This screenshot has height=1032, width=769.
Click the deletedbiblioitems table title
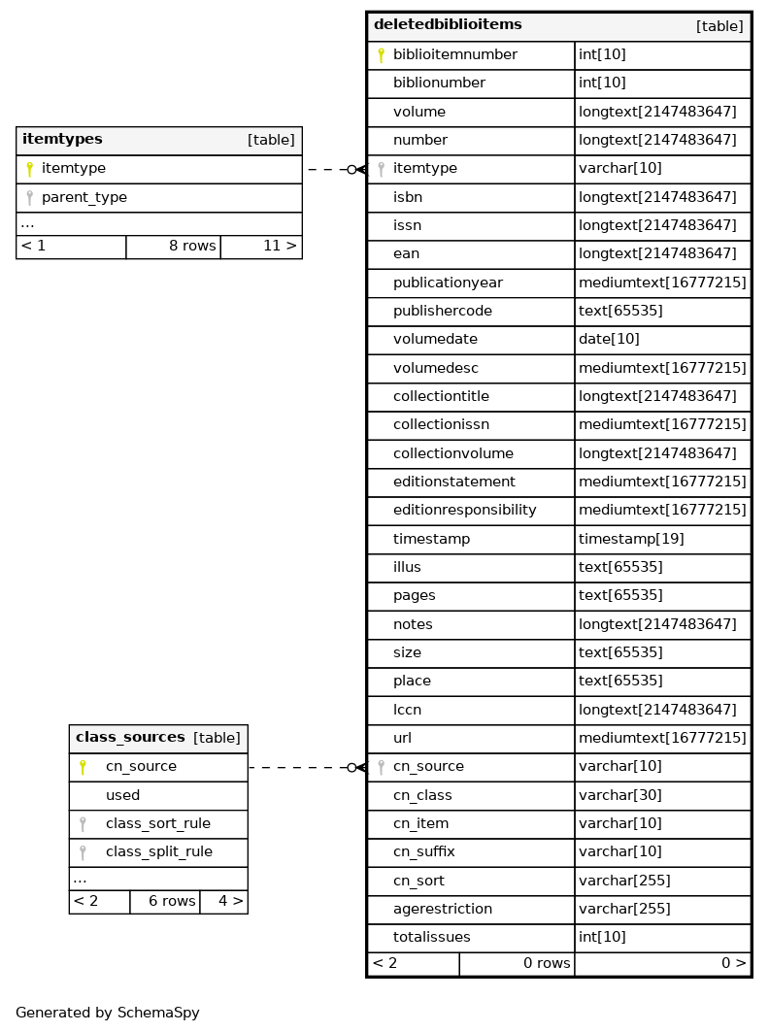[448, 25]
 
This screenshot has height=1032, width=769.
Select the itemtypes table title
[62, 140]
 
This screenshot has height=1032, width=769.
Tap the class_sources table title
[130, 738]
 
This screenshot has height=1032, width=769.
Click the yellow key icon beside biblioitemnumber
[381, 55]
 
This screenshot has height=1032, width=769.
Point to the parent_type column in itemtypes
[84, 198]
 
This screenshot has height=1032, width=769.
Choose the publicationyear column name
[448, 283]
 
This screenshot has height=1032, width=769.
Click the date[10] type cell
[609, 340]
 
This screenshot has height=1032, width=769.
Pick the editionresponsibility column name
[464, 511]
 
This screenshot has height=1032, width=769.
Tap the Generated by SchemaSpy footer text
[108, 1013]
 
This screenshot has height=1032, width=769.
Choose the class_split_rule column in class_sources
[158, 852]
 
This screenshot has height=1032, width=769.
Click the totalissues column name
[431, 938]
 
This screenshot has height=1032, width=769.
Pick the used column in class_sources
[122, 796]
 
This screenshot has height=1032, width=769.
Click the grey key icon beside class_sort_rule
[83, 824]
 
